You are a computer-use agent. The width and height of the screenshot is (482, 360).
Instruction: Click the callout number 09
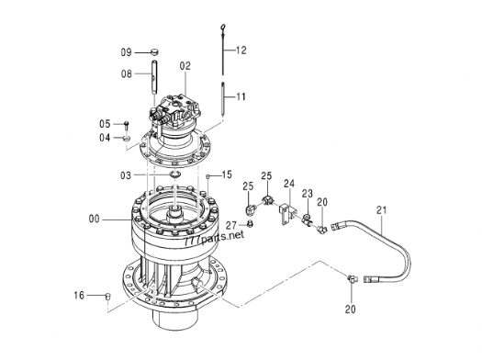(x=126, y=52)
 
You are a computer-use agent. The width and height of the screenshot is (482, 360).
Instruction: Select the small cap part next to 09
(x=154, y=52)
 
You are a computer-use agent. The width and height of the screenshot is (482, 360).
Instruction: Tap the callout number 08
(x=127, y=73)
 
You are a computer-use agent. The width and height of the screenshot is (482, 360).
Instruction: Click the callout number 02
(x=185, y=66)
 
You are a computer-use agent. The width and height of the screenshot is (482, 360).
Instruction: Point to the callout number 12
(x=241, y=51)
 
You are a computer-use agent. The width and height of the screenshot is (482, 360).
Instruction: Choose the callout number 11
(x=241, y=96)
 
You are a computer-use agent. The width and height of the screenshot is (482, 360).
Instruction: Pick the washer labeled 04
(x=127, y=138)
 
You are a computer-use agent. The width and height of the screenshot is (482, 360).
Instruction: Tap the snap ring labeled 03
(x=174, y=175)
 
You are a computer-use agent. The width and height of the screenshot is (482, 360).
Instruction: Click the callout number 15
(x=227, y=174)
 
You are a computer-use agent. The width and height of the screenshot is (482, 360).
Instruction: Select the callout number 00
(x=95, y=219)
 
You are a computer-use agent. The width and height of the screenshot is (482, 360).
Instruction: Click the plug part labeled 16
(x=108, y=296)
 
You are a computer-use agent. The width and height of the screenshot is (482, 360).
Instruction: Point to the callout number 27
(x=231, y=225)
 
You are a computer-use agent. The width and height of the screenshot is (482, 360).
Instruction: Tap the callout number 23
(x=307, y=194)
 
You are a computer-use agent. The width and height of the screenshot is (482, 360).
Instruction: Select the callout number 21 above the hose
(x=382, y=210)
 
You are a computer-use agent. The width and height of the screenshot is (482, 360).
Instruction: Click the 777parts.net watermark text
(x=215, y=237)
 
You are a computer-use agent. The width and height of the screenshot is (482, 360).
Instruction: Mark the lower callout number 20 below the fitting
(x=350, y=309)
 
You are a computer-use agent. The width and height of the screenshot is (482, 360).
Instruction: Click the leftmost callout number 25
(x=249, y=186)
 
